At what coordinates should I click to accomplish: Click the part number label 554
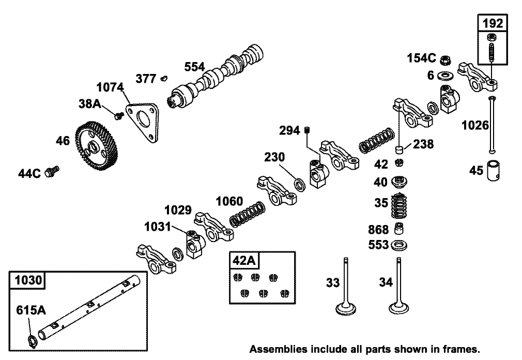coord(195,67)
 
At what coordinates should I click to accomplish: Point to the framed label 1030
coord(27,281)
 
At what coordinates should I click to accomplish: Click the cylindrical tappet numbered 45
coord(493,171)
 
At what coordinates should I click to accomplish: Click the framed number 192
coord(492,23)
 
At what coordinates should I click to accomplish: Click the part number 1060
coord(228,200)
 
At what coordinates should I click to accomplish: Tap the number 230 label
coord(275,157)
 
